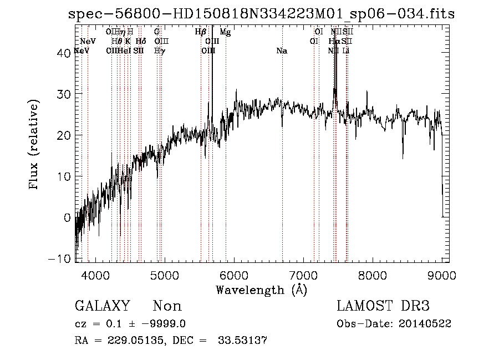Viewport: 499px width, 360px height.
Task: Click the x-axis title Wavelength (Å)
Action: click(261, 290)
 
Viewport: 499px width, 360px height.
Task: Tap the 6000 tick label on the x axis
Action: click(234, 275)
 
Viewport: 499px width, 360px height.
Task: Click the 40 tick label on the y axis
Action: click(64, 53)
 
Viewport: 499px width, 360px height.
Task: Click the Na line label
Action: click(282, 51)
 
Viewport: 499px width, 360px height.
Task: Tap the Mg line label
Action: click(225, 32)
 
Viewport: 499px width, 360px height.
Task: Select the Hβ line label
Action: click(201, 32)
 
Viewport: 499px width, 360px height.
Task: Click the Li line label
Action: click(345, 51)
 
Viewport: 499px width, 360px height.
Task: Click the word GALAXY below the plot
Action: click(102, 306)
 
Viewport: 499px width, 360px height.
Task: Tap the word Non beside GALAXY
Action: click(167, 306)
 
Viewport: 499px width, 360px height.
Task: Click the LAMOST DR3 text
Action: click(383, 306)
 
